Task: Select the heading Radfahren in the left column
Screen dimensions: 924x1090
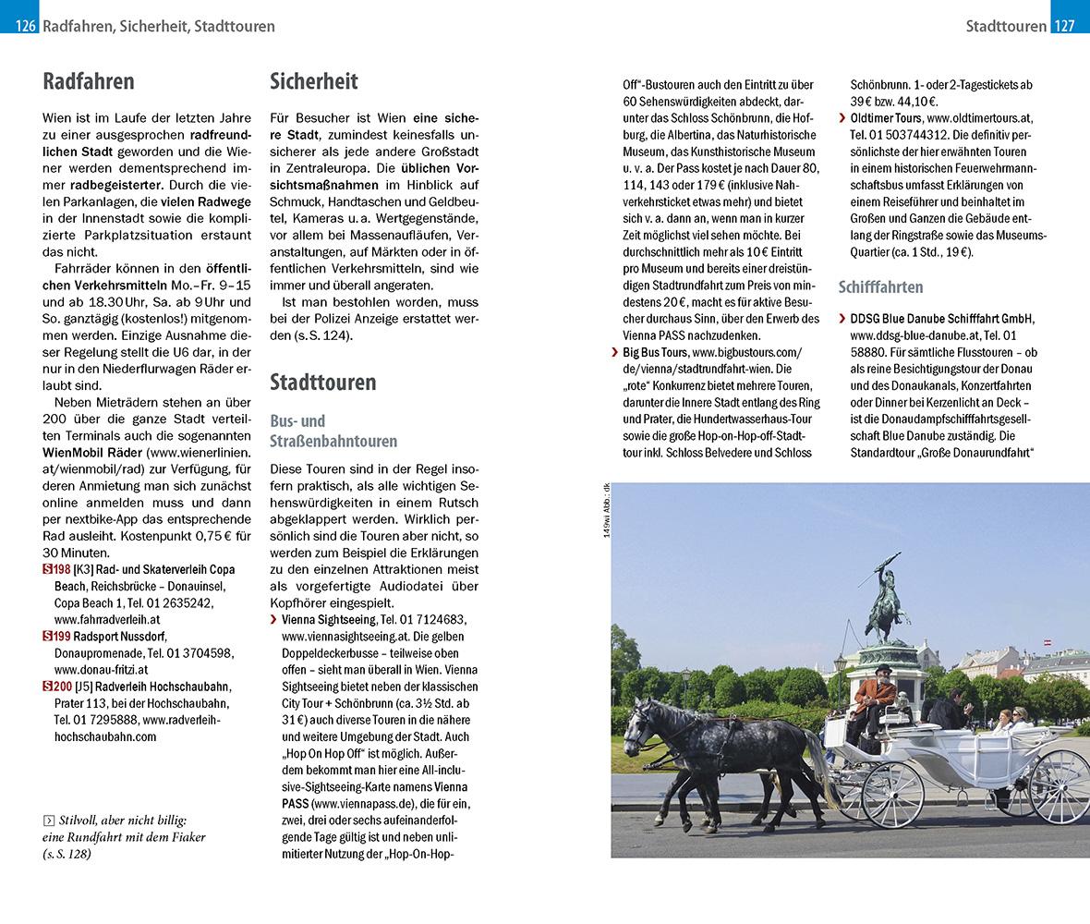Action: [x=89, y=81]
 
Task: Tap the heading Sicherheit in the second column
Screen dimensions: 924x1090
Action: [x=314, y=81]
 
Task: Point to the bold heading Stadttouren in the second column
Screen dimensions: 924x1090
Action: [x=323, y=382]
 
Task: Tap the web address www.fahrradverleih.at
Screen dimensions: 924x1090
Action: [x=107, y=619]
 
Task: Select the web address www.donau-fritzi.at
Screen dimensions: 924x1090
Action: [x=101, y=669]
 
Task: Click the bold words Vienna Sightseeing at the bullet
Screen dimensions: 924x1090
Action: [x=328, y=619]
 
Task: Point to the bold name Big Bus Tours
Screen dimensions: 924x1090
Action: [x=655, y=352]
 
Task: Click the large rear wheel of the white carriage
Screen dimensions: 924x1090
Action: [x=1060, y=786]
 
